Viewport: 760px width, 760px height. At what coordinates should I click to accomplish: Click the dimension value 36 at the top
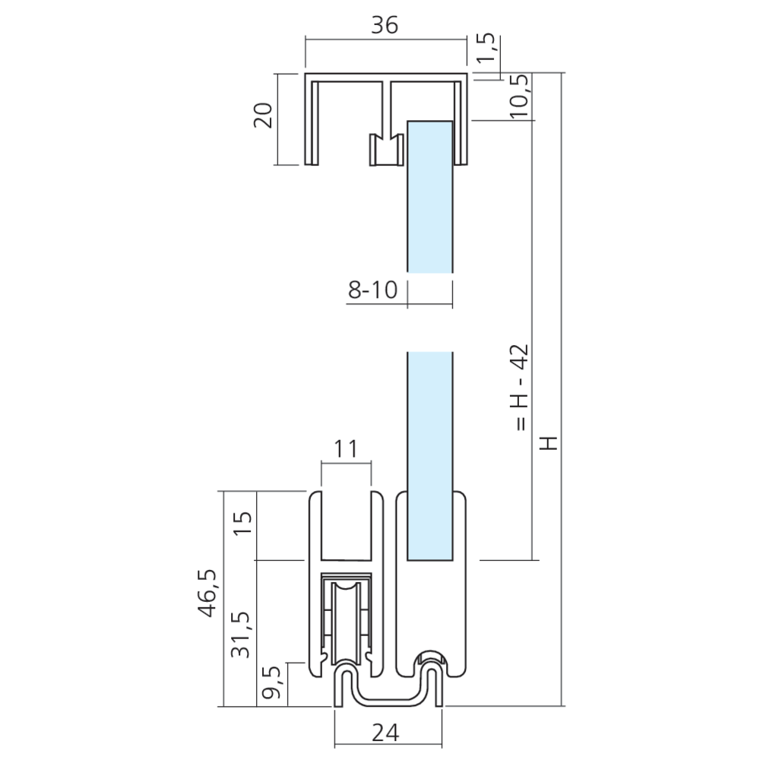point(385,25)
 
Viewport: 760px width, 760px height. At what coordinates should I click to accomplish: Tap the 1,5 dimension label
point(486,47)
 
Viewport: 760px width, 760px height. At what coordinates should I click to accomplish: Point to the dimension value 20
point(264,116)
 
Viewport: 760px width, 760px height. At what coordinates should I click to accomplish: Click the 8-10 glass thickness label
point(372,290)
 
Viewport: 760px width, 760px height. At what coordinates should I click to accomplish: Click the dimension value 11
point(346,449)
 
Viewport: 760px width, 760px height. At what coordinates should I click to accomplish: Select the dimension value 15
point(243,524)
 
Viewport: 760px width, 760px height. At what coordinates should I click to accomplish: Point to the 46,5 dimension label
point(208,594)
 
